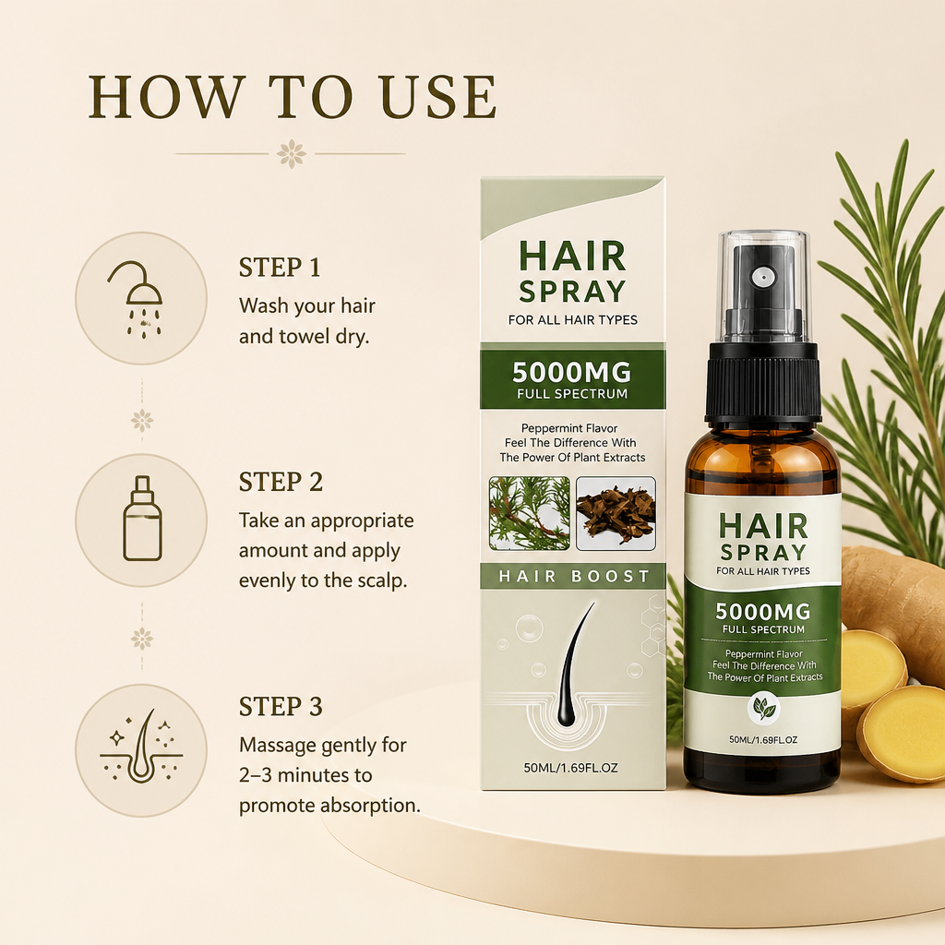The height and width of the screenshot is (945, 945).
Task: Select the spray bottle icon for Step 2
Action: tap(142, 519)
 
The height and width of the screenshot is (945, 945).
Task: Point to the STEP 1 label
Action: tap(280, 268)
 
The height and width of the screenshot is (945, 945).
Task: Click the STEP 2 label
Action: tap(281, 482)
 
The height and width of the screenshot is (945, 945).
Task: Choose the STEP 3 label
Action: tap(281, 706)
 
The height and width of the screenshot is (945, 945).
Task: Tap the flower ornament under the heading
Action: tap(292, 154)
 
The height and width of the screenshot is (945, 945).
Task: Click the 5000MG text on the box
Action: tap(571, 373)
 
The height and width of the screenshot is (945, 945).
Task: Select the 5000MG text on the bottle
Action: tap(763, 612)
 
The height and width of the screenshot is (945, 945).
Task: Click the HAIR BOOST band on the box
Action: tap(573, 576)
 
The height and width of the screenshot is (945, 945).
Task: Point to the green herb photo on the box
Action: tap(529, 513)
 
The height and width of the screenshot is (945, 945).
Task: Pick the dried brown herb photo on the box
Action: tap(616, 513)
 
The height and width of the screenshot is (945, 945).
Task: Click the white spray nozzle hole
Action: tap(762, 278)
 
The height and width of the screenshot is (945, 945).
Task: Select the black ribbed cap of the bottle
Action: tap(763, 382)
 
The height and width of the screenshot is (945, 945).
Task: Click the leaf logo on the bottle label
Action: tap(763, 708)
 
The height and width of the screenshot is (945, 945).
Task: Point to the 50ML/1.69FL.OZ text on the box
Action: tap(570, 768)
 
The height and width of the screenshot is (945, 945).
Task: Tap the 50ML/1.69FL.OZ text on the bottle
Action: tap(763, 739)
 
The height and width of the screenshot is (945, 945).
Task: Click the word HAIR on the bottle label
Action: tap(763, 526)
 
